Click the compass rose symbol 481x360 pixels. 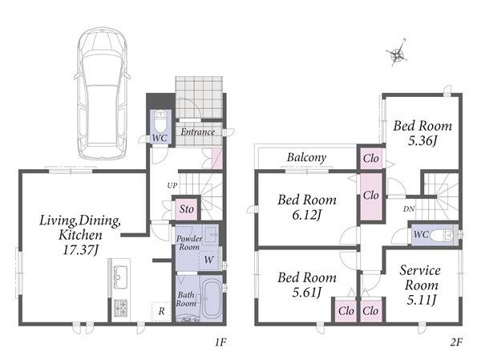pyautogui.click(x=398, y=53)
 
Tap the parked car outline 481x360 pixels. pyautogui.click(x=102, y=94)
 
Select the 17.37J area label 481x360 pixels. pyautogui.click(x=80, y=250)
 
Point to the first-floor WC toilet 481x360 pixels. pyautogui.click(x=160, y=121)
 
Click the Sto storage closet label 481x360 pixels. pyautogui.click(x=187, y=209)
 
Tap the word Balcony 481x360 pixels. pyautogui.click(x=306, y=157)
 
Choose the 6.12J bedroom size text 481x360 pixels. pyautogui.click(x=306, y=215)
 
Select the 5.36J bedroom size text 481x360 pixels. pyautogui.click(x=422, y=140)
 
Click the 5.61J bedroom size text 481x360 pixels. pyautogui.click(x=306, y=292)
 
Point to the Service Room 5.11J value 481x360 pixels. pyautogui.click(x=421, y=300)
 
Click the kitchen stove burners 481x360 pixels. pyautogui.click(x=120, y=308)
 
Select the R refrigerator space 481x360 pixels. pyautogui.click(x=161, y=312)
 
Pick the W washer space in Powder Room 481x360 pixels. pyautogui.click(x=208, y=260)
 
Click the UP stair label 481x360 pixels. pyautogui.click(x=172, y=185)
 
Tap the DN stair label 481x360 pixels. pyautogui.click(x=409, y=209)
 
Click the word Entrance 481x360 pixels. pyautogui.click(x=197, y=132)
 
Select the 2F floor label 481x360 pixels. pyautogui.click(x=456, y=342)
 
